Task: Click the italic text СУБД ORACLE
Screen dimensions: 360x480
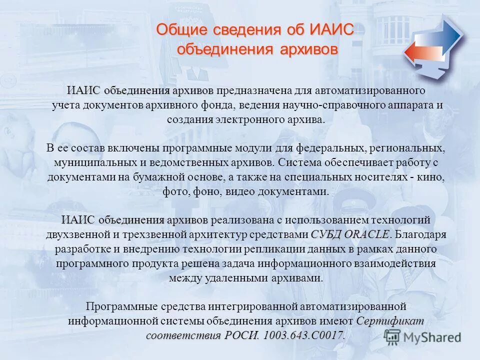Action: coord(349,234)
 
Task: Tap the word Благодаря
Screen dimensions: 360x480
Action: coord(420,234)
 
